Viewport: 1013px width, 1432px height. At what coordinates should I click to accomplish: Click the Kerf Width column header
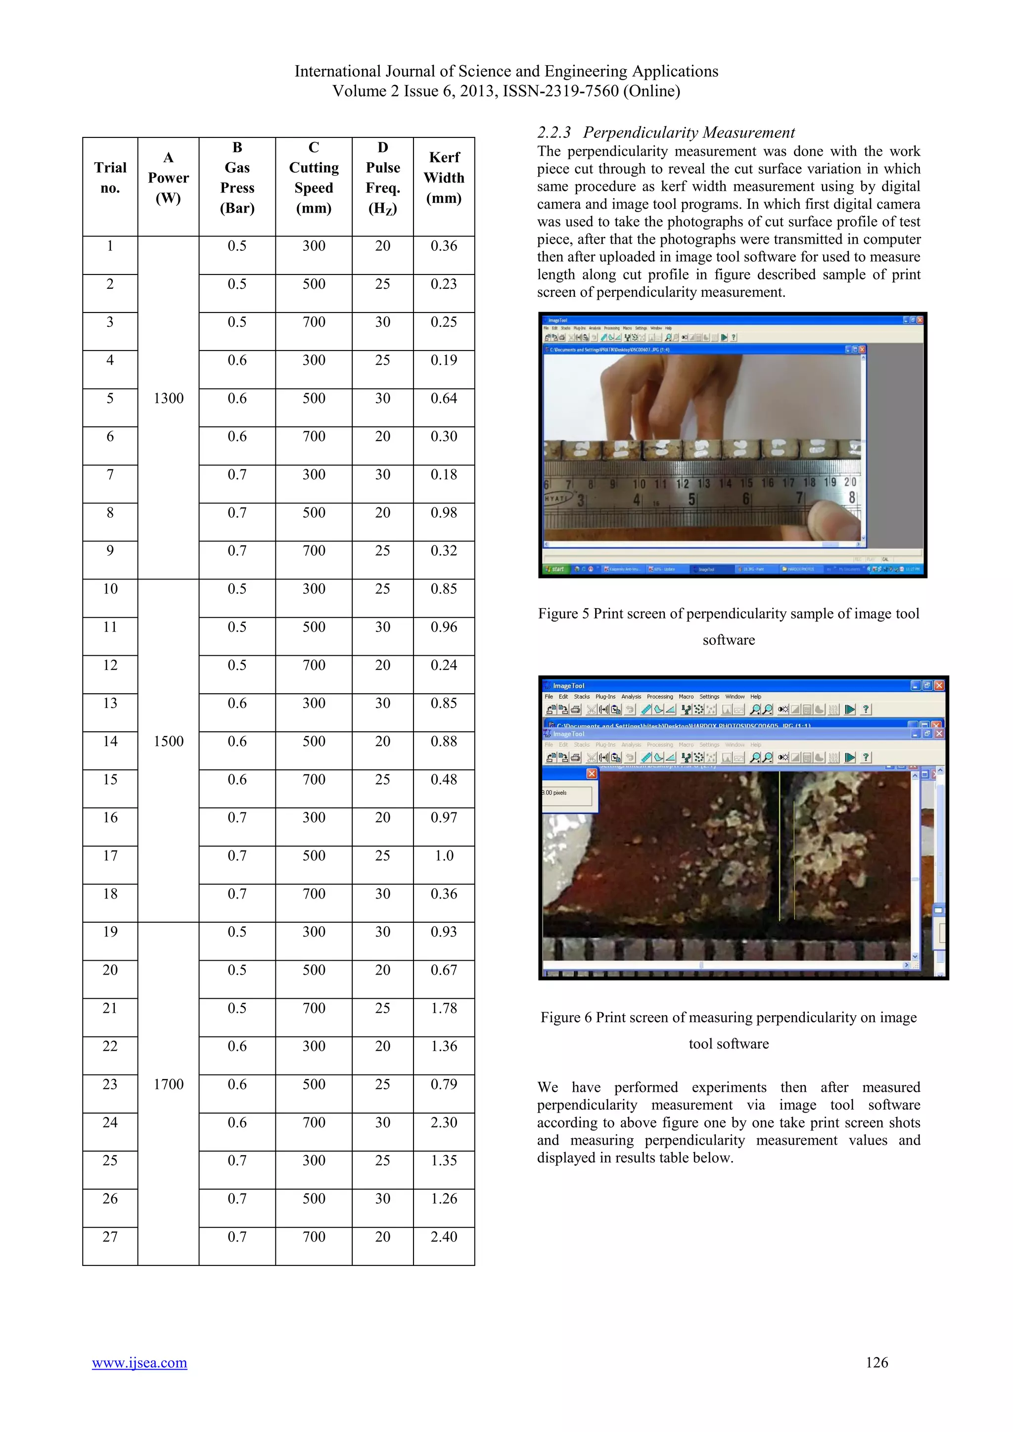coord(444,178)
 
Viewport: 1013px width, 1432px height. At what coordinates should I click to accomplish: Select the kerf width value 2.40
coord(444,1236)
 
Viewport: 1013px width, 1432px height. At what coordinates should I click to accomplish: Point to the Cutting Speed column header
coord(314,178)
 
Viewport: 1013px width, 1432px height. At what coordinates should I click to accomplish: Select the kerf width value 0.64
coord(444,398)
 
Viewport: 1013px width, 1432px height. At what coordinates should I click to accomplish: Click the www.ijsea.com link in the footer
coord(139,1363)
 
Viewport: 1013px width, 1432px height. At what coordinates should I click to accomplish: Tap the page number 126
coord(876,1362)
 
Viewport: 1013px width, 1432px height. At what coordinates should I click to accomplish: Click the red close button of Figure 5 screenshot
coord(920,320)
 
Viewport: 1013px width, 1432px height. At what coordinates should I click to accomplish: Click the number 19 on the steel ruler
coord(829,482)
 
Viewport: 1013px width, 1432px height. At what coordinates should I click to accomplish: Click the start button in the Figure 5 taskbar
coord(554,569)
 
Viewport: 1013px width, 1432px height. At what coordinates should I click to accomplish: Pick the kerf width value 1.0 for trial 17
coord(444,856)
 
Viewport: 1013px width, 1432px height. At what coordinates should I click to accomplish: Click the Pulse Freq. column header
coord(382,178)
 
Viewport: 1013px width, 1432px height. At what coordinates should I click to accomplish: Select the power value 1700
coord(168,1084)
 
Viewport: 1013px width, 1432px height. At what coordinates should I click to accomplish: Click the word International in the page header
coord(337,71)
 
